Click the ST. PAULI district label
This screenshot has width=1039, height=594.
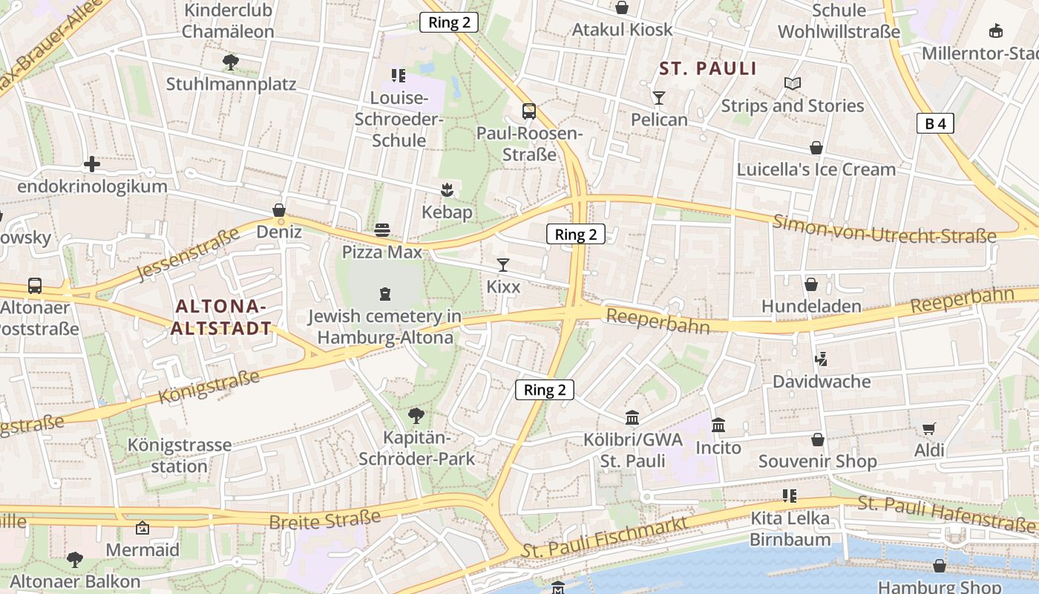pos(708,69)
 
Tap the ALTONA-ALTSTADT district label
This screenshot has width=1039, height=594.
pos(221,317)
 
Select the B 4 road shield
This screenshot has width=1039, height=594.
pos(934,123)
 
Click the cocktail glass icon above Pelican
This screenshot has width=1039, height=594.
pos(658,98)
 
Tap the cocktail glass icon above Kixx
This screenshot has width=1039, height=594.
pos(503,265)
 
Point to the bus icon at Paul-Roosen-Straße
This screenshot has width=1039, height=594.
pos(528,111)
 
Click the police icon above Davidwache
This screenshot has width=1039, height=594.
pos(821,360)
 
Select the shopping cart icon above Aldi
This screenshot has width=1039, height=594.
pos(928,428)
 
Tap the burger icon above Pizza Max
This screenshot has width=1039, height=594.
pos(382,230)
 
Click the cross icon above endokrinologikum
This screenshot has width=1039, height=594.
pos(92,164)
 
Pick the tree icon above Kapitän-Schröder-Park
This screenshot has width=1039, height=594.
pos(416,416)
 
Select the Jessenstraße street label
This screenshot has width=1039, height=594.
pos(189,257)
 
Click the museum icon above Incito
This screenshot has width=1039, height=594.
pos(718,425)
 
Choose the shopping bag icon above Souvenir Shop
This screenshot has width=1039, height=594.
pos(817,440)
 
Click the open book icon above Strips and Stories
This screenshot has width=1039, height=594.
pos(793,84)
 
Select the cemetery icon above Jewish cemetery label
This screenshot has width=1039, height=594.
pos(384,294)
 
